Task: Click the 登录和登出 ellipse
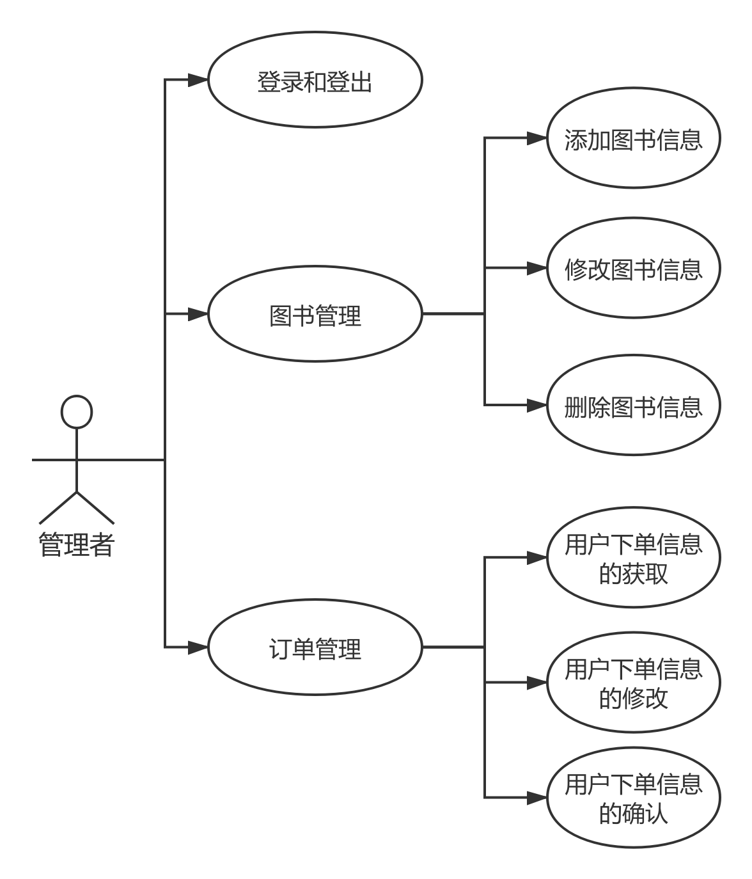click(315, 81)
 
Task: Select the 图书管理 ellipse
click(315, 314)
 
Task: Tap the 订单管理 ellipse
click(315, 647)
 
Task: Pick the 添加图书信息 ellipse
click(633, 139)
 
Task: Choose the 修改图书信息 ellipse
click(633, 268)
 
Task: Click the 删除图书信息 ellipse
click(633, 406)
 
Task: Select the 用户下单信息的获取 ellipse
click(633, 558)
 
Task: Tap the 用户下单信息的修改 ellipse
click(633, 683)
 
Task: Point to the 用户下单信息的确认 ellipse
click(633, 798)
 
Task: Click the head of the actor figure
click(76, 411)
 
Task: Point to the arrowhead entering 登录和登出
click(199, 81)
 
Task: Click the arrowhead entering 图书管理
click(199, 314)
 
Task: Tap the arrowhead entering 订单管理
click(199, 647)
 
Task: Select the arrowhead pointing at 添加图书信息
click(537, 139)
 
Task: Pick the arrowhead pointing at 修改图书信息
click(537, 268)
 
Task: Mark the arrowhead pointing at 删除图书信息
click(537, 406)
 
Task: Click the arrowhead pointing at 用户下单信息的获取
click(537, 558)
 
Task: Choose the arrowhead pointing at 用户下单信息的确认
click(537, 798)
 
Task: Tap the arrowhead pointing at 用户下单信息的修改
click(537, 683)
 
